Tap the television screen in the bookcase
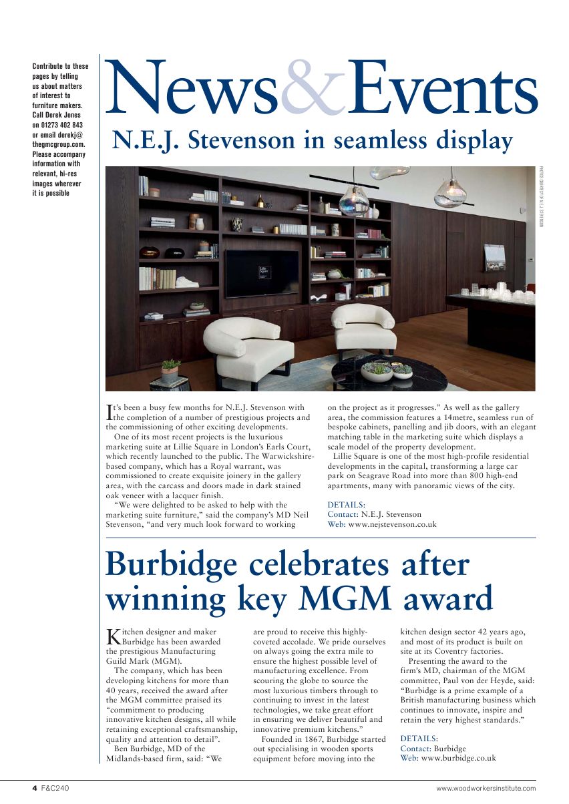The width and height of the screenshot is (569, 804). coord(262,273)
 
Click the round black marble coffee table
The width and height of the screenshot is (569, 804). coord(389,375)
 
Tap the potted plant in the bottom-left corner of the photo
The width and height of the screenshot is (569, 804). coord(171,370)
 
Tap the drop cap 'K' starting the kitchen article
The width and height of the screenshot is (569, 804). coord(114,636)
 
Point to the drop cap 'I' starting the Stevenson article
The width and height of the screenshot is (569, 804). coord(110,412)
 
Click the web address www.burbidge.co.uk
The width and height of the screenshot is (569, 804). coord(458,758)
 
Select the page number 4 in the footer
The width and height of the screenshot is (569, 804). coord(35,788)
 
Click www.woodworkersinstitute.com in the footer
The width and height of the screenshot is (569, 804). coord(486,788)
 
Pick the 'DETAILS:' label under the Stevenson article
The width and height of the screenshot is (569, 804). coord(346,505)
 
